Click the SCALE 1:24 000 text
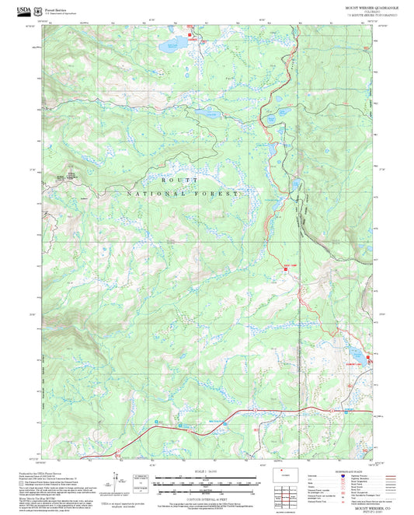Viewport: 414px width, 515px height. click(208, 471)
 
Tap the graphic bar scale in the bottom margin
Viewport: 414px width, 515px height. click(206, 482)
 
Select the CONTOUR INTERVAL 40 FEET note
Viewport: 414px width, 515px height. click(207, 496)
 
